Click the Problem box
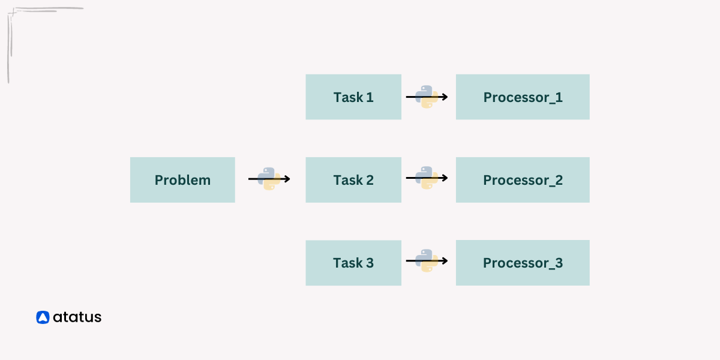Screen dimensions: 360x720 click(182, 180)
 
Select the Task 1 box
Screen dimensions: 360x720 click(353, 97)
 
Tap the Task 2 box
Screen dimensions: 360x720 click(353, 180)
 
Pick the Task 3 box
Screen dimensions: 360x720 click(353, 263)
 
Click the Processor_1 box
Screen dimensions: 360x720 click(523, 97)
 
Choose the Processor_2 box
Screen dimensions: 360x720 click(523, 180)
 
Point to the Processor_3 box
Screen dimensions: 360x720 click(523, 263)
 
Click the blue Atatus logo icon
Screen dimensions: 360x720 click(42, 317)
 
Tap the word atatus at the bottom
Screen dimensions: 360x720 click(77, 317)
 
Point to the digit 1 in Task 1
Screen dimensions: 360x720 click(370, 97)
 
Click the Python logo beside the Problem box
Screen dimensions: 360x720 click(269, 179)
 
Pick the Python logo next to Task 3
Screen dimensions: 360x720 click(427, 261)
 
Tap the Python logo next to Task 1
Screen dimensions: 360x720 click(427, 97)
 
